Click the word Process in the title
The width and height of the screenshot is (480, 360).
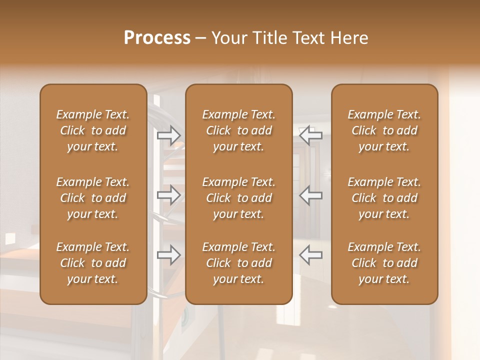157,38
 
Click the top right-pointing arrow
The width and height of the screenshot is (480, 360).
169,135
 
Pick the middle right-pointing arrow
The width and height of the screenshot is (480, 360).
169,195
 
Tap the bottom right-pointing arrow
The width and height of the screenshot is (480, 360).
169,255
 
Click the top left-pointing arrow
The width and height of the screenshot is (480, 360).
310,135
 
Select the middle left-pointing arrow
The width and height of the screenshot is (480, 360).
310,195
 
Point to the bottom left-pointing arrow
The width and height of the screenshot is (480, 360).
310,255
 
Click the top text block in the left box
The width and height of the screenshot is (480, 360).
93,130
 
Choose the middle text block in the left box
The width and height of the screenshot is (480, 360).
93,198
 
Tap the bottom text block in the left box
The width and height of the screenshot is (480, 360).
93,263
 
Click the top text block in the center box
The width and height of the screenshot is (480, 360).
238,130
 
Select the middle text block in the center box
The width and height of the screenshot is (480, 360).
238,198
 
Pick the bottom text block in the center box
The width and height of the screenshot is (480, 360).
238,263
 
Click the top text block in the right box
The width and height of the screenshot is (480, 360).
384,130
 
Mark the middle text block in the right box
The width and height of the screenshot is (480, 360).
384,198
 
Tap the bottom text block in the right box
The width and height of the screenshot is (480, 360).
384,263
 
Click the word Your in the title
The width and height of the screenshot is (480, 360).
229,38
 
